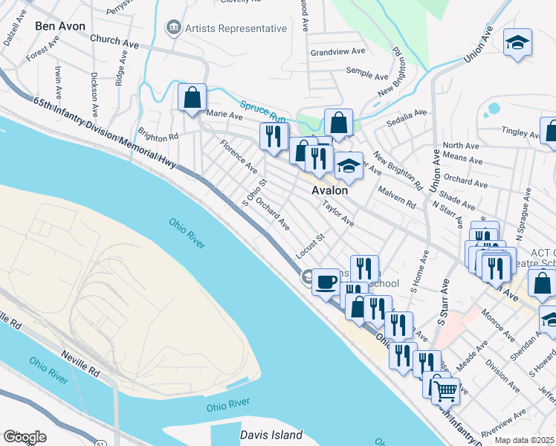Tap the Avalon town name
(x=329, y=190)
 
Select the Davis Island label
(x=271, y=435)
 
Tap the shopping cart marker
(x=445, y=389)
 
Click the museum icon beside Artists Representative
(x=174, y=28)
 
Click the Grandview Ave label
(x=337, y=52)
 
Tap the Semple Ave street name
(x=367, y=74)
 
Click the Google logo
(x=25, y=436)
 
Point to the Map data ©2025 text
(x=525, y=440)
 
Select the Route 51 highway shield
(x=100, y=442)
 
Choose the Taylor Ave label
(x=337, y=213)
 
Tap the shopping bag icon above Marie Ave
(x=192, y=98)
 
